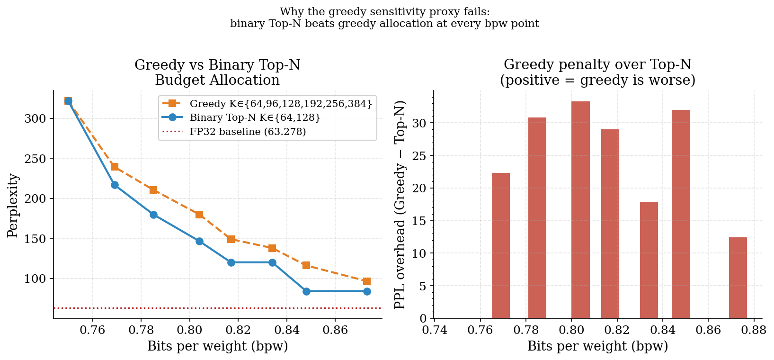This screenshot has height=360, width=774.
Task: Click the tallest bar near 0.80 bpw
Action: point(580,210)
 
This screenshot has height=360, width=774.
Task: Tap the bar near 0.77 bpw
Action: point(500,245)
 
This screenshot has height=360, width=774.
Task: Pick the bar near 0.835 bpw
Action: point(649,260)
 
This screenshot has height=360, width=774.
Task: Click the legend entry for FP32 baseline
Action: point(248,132)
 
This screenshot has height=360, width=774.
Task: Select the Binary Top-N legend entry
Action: point(255,117)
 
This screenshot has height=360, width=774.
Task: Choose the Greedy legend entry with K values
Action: point(280,103)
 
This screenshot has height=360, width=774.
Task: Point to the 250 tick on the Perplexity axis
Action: point(35,159)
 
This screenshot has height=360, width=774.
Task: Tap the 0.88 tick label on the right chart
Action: point(754,329)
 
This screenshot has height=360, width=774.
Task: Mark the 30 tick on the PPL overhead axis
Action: point(421,123)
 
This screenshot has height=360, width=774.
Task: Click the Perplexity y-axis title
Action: point(13,205)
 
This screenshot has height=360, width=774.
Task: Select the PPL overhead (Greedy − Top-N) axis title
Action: point(400,205)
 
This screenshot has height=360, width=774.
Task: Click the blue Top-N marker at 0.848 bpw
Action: point(306,291)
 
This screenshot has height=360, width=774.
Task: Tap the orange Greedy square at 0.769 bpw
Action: point(115,167)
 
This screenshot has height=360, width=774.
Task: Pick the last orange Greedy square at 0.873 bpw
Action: point(367,281)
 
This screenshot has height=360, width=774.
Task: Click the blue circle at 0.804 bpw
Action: point(199,241)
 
